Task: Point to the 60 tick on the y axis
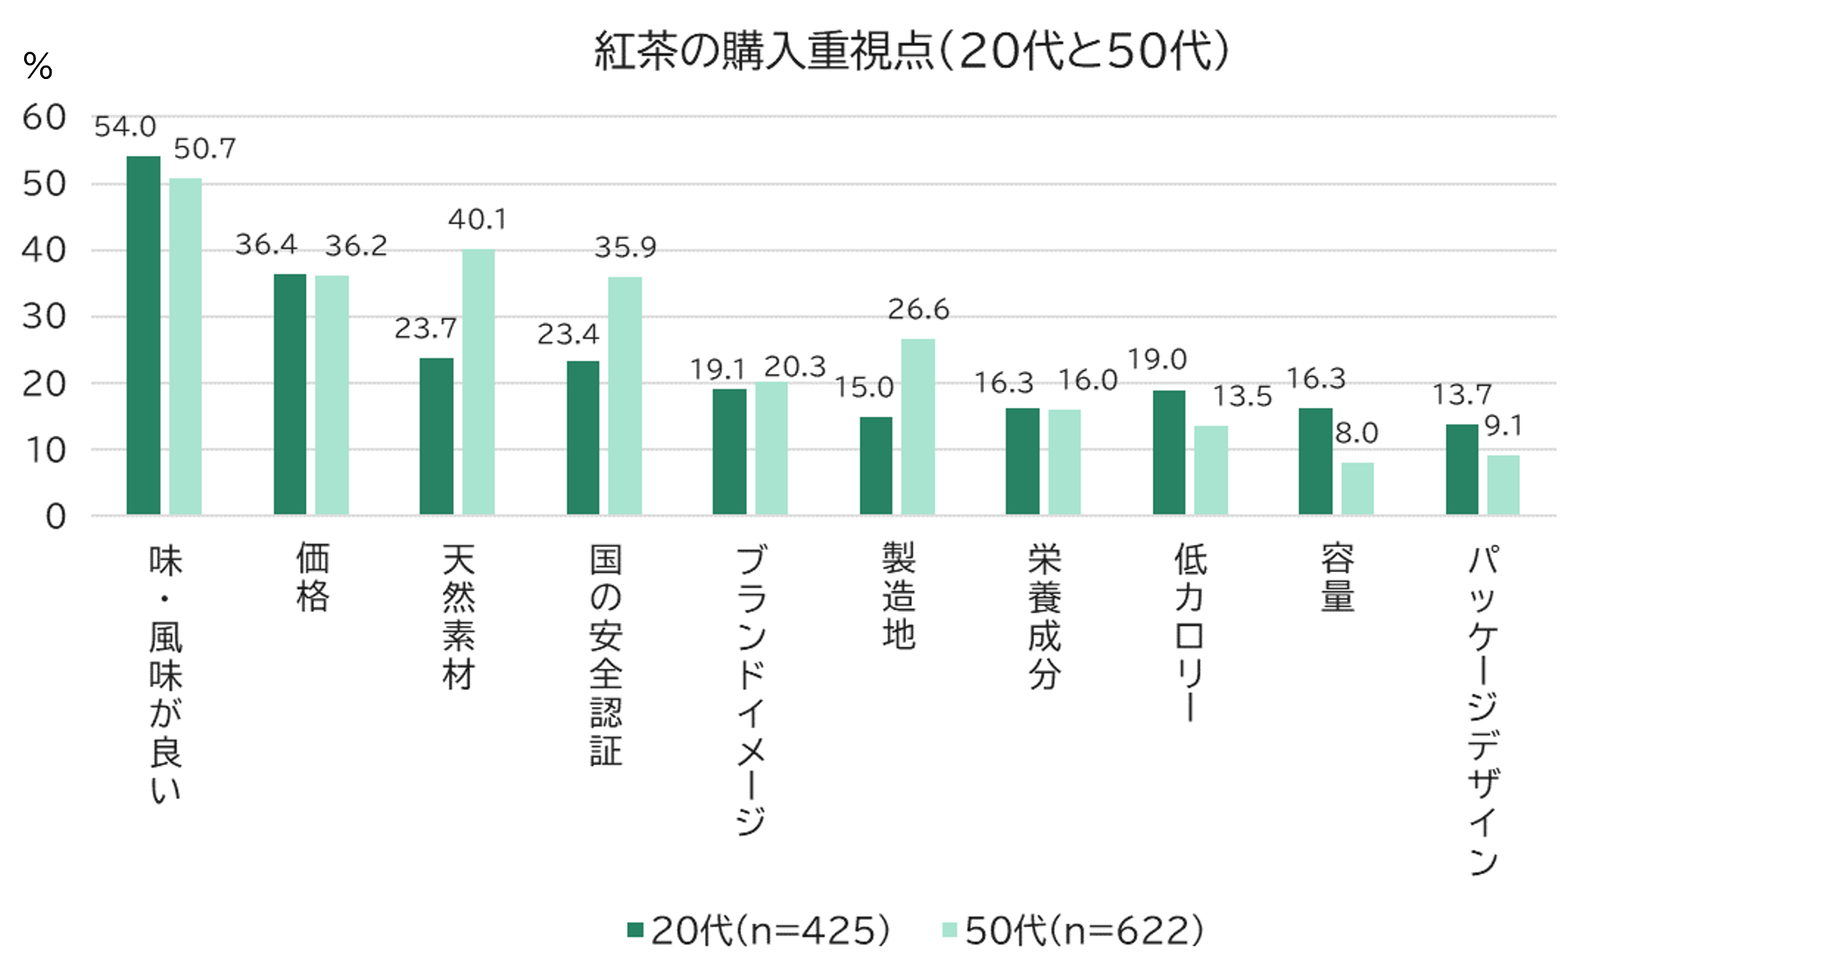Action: point(44,118)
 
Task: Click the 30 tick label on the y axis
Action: point(44,317)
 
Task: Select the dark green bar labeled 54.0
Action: point(143,335)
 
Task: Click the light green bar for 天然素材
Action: point(479,382)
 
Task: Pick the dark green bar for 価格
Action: point(290,394)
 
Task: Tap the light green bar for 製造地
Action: point(918,426)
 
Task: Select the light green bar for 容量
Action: point(1357,489)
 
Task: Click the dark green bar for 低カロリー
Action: point(1169,453)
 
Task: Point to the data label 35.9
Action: point(625,248)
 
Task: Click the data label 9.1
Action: point(1503,426)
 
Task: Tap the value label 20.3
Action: point(795,366)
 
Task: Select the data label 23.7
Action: point(425,328)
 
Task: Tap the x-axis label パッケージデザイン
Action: point(1483,709)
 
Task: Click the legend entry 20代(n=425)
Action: point(759,930)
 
